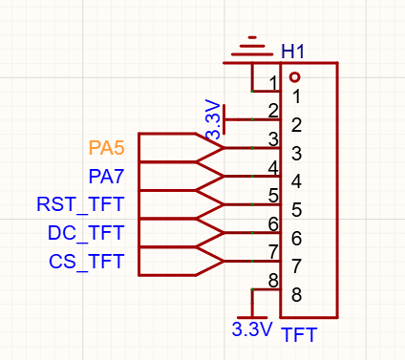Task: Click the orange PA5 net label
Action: [x=106, y=148]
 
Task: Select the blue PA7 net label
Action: [x=106, y=177]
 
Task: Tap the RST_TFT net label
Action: [x=80, y=204]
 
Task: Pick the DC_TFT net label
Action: [x=86, y=233]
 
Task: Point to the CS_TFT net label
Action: [x=86, y=262]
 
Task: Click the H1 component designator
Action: [x=292, y=52]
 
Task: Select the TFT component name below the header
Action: [x=299, y=334]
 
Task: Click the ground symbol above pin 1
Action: [x=252, y=47]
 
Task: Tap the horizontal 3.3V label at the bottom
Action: [x=252, y=329]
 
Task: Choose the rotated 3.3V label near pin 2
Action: [x=213, y=120]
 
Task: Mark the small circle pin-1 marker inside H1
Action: [x=295, y=77]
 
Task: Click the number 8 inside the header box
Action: [x=296, y=295]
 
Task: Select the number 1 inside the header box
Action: [x=297, y=96]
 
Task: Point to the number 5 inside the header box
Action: [x=296, y=210]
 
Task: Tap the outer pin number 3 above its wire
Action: [x=273, y=139]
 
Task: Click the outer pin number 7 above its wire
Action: [x=273, y=252]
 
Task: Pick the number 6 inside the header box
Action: [x=296, y=238]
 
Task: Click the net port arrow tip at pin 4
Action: [x=224, y=176]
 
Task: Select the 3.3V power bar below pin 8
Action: [x=252, y=318]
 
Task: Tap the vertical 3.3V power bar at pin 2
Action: [x=224, y=119]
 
